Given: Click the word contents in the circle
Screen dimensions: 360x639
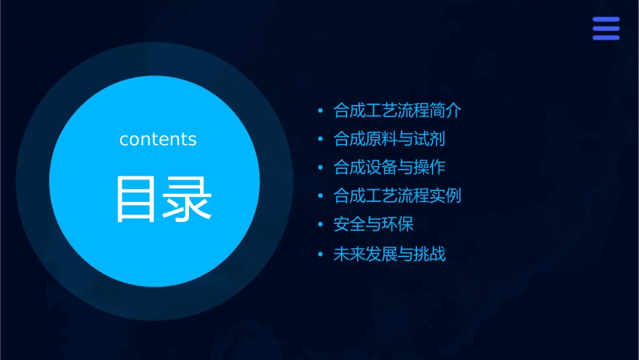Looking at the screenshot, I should [x=157, y=139].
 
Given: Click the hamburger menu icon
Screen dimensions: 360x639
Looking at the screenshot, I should [x=605, y=29].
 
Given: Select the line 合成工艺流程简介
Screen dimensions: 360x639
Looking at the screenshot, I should [x=397, y=110].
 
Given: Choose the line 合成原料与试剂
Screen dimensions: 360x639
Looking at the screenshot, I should [x=389, y=139].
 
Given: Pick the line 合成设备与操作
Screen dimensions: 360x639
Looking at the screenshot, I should [x=389, y=168].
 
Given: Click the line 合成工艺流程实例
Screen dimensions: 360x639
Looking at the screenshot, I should [x=397, y=196].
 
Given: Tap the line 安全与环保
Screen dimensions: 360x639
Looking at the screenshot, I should [x=377, y=225].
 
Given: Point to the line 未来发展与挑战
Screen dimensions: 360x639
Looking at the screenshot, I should [x=389, y=254].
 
